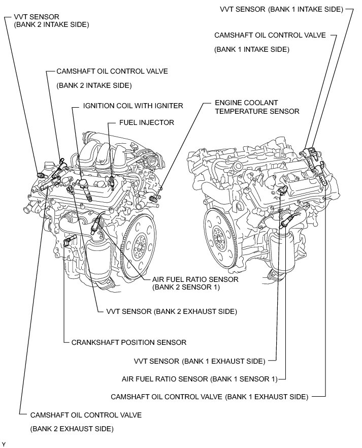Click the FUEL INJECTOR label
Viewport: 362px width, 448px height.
[x=147, y=122]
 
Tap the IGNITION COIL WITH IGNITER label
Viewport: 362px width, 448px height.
[x=133, y=106]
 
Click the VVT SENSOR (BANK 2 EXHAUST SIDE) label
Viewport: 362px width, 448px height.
[x=172, y=310]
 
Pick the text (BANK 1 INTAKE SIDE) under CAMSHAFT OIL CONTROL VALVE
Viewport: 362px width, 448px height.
[x=252, y=49]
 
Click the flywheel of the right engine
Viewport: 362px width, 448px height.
[x=222, y=235]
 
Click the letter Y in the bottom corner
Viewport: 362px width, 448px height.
[x=4, y=444]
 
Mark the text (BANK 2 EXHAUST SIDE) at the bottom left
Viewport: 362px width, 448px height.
[x=72, y=429]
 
